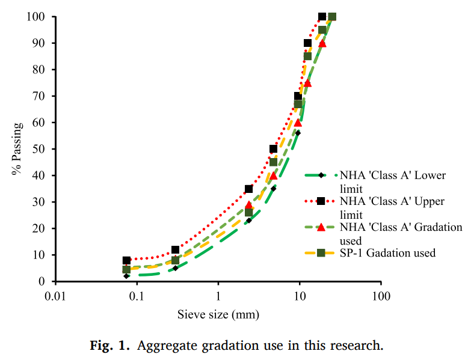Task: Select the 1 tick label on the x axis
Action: click(x=218, y=296)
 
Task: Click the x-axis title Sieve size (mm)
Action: click(x=218, y=314)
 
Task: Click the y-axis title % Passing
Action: click(x=16, y=149)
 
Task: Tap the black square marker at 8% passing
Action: click(x=126, y=260)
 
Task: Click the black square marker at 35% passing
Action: click(x=249, y=189)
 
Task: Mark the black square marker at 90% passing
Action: click(x=308, y=43)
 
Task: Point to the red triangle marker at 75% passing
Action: click(x=308, y=83)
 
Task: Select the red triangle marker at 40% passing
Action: click(x=274, y=175)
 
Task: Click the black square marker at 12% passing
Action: click(x=176, y=249)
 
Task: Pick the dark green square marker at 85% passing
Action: click(x=308, y=56)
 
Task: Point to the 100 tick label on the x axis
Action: click(x=381, y=296)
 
